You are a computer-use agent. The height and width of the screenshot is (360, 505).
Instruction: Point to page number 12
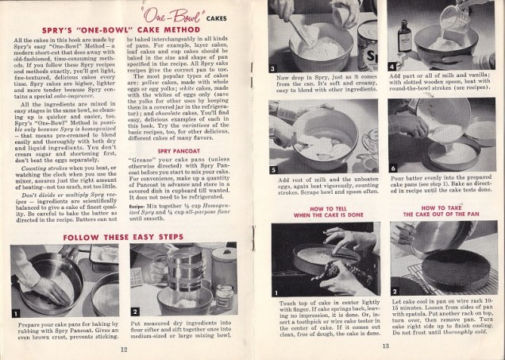point(124,348)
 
